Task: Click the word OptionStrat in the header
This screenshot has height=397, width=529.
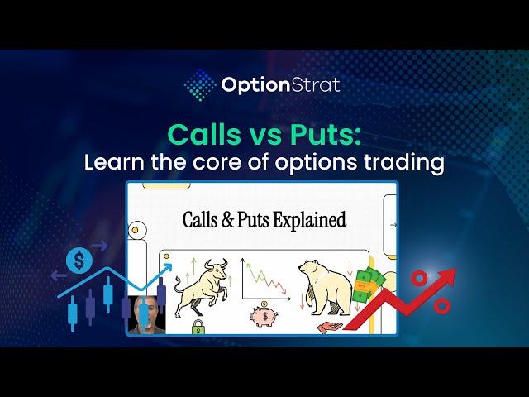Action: click(280, 84)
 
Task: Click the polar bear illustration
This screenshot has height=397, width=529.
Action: click(322, 285)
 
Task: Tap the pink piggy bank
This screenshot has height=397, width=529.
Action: click(267, 317)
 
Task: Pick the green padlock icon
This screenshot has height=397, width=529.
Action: click(198, 327)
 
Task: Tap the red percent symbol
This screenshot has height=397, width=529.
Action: click(431, 292)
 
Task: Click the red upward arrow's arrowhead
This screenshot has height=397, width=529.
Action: click(446, 275)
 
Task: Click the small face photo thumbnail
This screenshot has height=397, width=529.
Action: click(147, 315)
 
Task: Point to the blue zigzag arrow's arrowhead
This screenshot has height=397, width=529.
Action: click(168, 267)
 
